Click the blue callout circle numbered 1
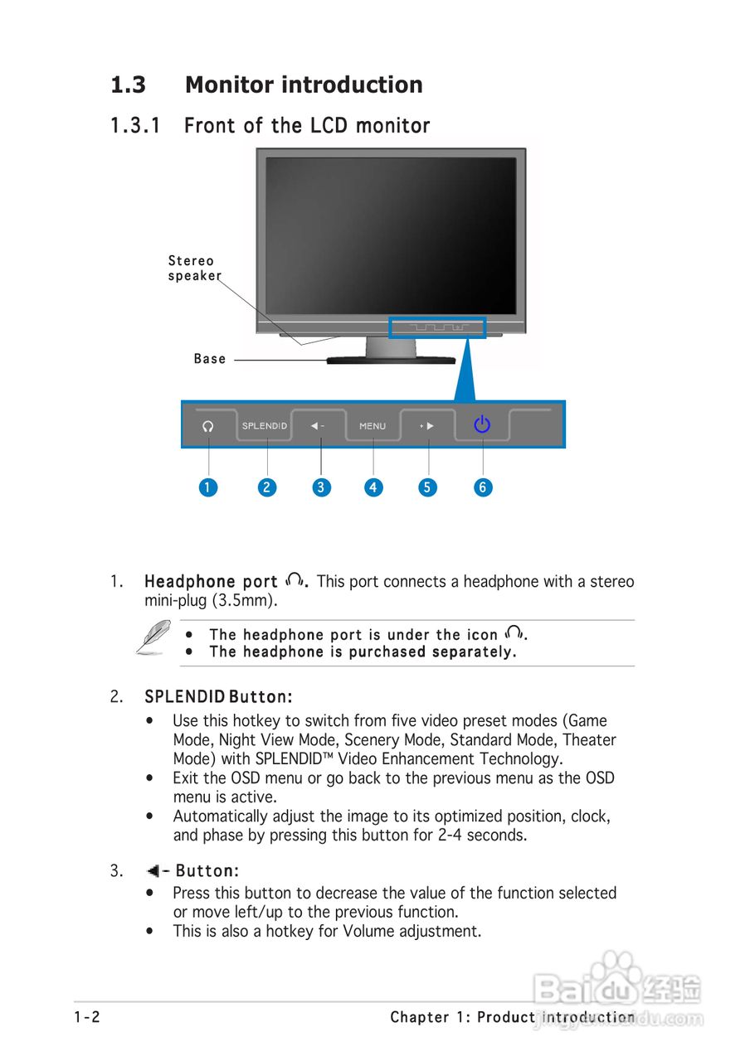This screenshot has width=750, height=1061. click(208, 487)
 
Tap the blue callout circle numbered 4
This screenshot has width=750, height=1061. click(373, 487)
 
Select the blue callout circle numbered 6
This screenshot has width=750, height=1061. click(483, 487)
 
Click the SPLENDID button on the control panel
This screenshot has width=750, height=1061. click(265, 426)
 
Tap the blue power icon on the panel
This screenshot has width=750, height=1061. click(482, 425)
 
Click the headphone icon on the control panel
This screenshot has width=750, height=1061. click(208, 426)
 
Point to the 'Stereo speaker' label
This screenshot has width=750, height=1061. click(193, 269)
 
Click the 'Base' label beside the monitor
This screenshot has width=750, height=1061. click(210, 359)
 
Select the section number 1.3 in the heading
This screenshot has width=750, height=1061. click(129, 85)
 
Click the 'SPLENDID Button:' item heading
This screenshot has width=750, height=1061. click(218, 695)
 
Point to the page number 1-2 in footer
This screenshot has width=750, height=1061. click(86, 1017)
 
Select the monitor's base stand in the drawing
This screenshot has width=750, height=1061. click(391, 359)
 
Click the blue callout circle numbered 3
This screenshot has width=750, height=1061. click(321, 487)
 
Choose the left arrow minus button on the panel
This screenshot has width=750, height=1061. click(318, 426)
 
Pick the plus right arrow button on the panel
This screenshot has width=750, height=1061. click(427, 426)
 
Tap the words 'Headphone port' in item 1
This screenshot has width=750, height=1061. click(211, 582)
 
